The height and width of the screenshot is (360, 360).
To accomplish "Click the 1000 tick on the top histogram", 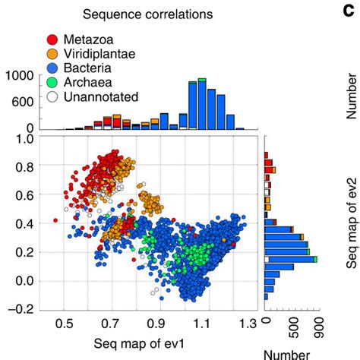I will pyautogui.click(x=17, y=76).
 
